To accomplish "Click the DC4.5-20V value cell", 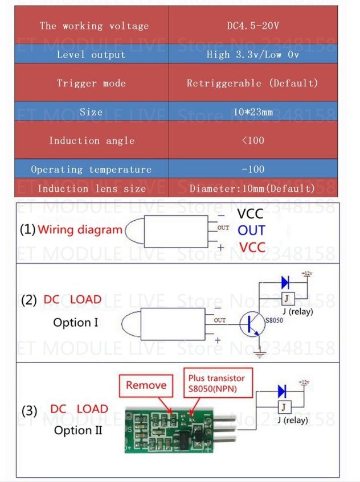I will (252, 26).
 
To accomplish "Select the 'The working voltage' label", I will (94, 26).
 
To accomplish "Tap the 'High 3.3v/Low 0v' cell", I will (252, 55).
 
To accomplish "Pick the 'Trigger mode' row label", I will (91, 83).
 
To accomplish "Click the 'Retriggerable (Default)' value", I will (252, 83).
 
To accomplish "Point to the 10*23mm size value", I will (253, 112).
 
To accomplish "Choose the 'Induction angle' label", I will (91, 141).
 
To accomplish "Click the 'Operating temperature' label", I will (91, 170).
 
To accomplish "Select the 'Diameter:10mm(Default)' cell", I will (252, 188).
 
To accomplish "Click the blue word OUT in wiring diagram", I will (251, 230).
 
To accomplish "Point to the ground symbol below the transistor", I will (260, 354).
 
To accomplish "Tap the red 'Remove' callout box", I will (146, 385).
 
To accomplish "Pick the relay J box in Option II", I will (284, 407).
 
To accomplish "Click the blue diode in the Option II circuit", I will (282, 392).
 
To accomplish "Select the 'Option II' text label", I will (78, 430).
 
